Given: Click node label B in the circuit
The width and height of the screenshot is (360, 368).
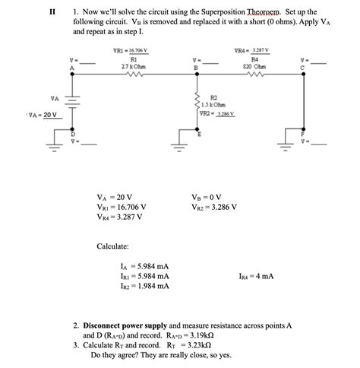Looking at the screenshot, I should pos(196,68).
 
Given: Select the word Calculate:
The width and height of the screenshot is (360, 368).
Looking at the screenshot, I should pos(112,246).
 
